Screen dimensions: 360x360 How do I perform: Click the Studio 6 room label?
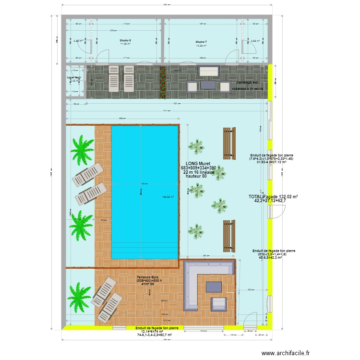126,40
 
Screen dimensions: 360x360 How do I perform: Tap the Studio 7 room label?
201,42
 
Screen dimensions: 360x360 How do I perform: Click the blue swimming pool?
144,192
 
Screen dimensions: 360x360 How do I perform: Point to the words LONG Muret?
199,163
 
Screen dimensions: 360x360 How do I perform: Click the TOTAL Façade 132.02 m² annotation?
273,197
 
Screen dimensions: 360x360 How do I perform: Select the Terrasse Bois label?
148,277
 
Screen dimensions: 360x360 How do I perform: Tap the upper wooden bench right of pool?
229,143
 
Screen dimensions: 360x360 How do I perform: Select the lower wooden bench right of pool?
229,236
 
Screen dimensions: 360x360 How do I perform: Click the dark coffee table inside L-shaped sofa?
214,287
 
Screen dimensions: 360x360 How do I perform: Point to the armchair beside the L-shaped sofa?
219,303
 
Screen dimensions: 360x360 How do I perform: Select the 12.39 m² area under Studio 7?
201,46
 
